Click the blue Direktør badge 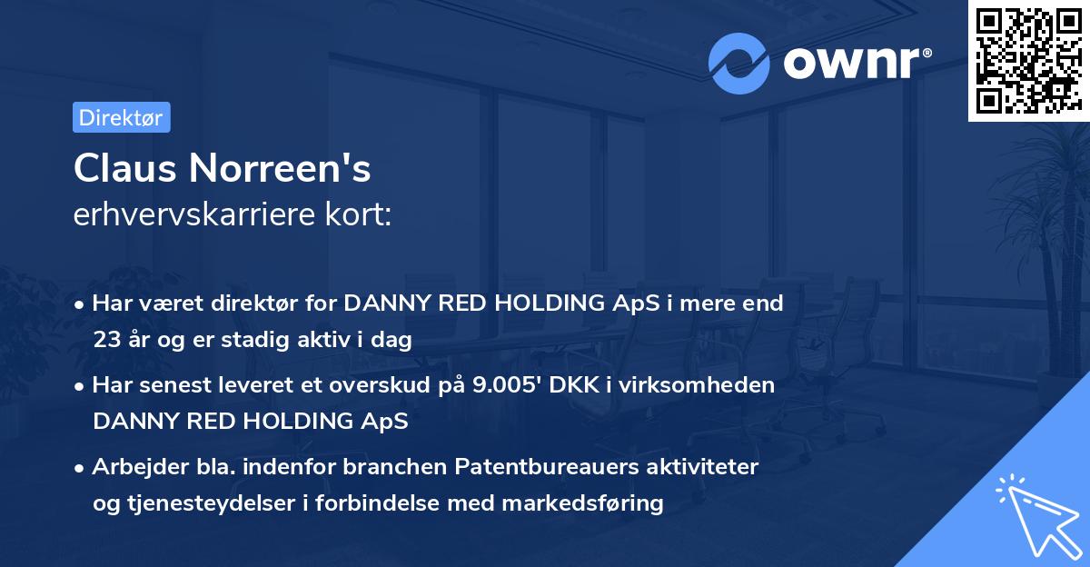122,117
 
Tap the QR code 1029,60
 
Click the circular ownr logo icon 738,64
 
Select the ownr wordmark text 851,63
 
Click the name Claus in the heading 125,168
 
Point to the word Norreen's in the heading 280,168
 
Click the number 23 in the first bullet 107,340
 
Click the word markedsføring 582,503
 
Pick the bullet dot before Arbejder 78,469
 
